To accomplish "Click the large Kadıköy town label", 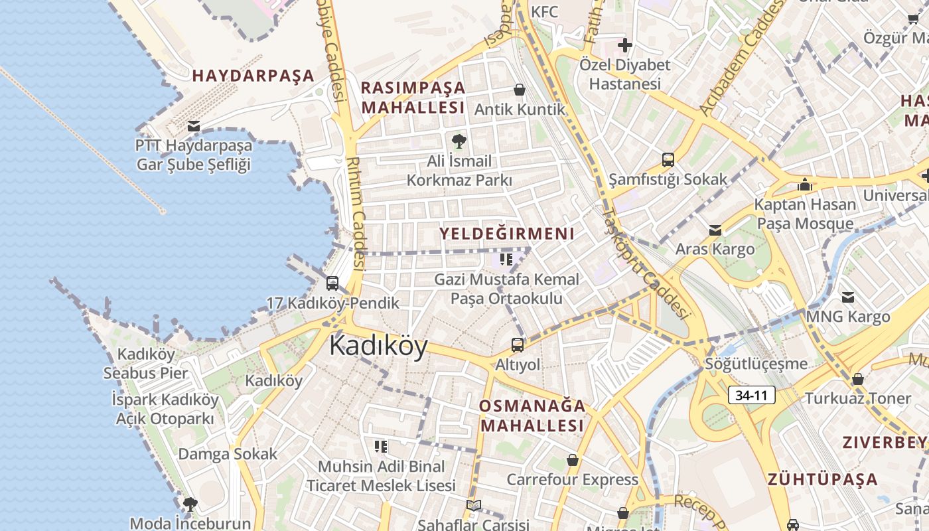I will click(x=378, y=346).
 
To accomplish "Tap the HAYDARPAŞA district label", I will click(x=253, y=76).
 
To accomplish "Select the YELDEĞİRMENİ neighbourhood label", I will click(x=507, y=234).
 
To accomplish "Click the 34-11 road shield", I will click(x=751, y=396).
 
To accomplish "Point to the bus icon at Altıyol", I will click(x=517, y=345).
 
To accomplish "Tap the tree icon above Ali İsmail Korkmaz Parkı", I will click(x=459, y=141).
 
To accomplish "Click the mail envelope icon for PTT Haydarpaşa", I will click(x=194, y=125).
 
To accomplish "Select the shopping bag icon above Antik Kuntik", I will click(x=520, y=90).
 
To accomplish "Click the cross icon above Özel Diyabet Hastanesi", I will click(x=624, y=45).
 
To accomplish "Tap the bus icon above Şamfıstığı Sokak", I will click(x=668, y=160).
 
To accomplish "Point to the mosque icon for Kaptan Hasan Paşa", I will click(x=805, y=185).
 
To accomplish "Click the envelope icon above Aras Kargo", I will click(x=715, y=230).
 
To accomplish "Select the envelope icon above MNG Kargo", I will click(x=847, y=297).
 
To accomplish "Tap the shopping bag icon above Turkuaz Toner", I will click(x=857, y=379).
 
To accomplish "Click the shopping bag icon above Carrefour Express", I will click(x=572, y=460).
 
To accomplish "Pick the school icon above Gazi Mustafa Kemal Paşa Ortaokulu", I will click(x=506, y=259).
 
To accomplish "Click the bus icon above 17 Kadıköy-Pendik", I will click(x=332, y=283).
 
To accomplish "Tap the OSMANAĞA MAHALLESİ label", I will click(x=532, y=416).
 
